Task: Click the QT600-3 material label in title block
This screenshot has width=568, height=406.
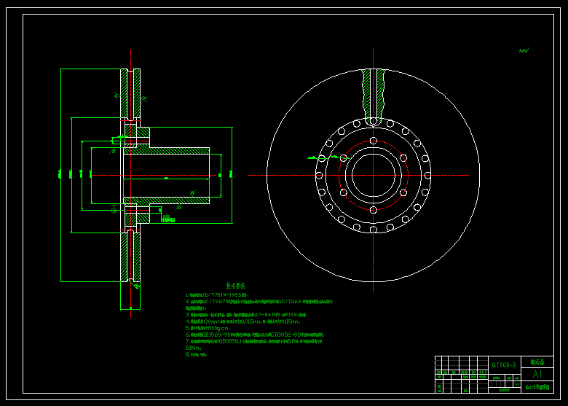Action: click(x=503, y=364)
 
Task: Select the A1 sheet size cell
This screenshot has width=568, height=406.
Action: click(x=537, y=374)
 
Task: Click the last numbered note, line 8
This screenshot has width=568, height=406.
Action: click(x=197, y=355)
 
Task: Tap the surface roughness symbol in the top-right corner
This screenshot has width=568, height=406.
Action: click(x=524, y=51)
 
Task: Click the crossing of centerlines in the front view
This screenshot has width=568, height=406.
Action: click(x=373, y=175)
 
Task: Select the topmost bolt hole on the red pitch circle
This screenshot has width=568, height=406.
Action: click(x=373, y=141)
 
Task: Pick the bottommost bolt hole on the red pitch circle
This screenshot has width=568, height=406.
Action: click(x=373, y=210)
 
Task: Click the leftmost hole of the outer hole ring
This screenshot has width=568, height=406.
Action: click(x=319, y=175)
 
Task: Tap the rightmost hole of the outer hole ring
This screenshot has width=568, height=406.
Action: click(x=427, y=175)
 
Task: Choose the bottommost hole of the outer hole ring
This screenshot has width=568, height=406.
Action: click(x=373, y=230)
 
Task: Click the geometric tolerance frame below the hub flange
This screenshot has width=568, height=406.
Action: click(x=167, y=219)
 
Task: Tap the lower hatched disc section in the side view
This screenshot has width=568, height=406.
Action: click(x=130, y=255)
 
